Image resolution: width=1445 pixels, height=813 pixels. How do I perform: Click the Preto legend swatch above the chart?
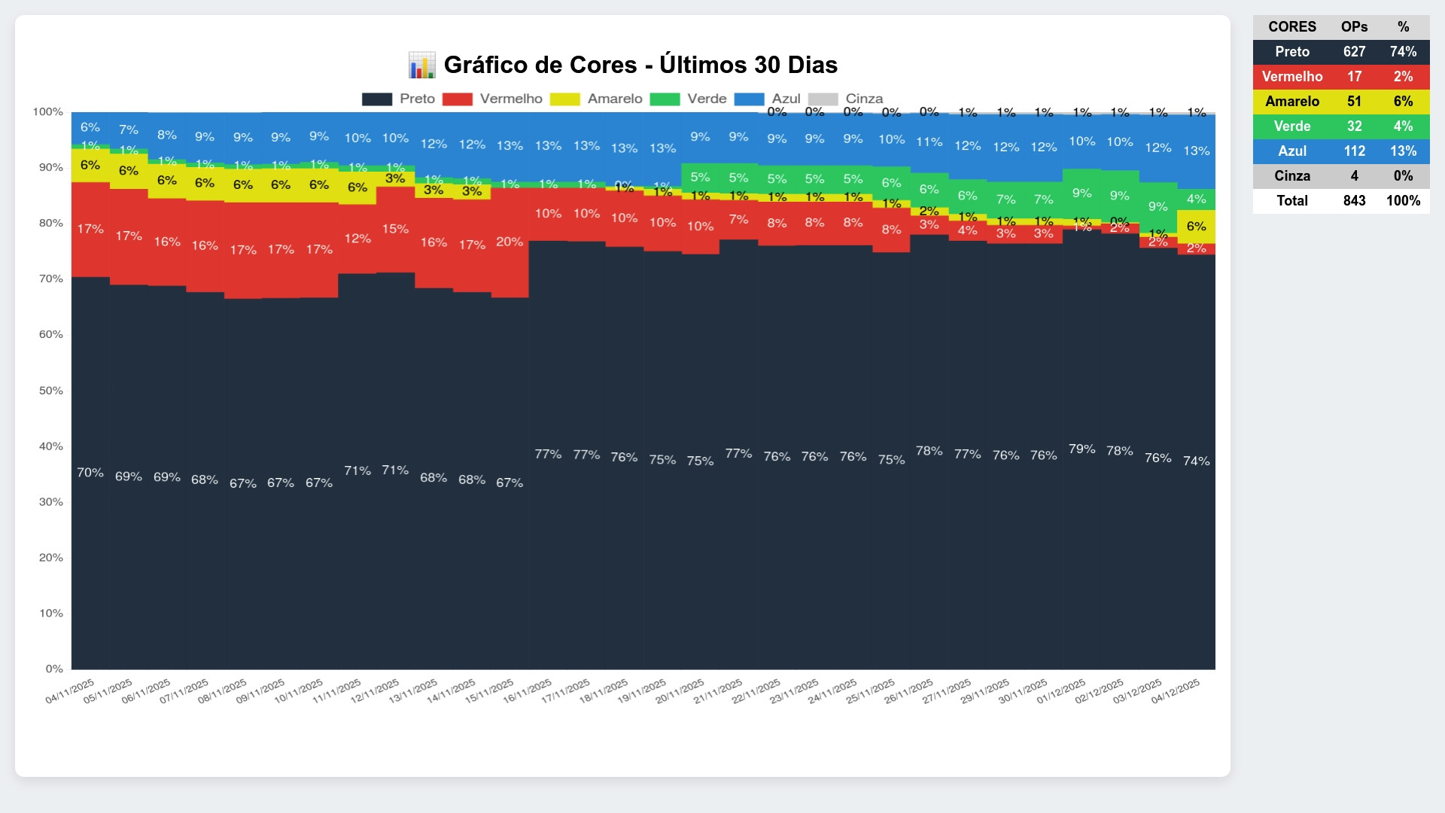pyautogui.click(x=377, y=99)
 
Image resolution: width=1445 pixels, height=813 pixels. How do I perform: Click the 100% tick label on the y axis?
pyautogui.click(x=48, y=112)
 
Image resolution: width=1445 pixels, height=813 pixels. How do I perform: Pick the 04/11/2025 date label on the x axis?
pyautogui.click(x=70, y=691)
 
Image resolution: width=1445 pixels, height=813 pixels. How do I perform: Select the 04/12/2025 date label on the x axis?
pyautogui.click(x=1176, y=691)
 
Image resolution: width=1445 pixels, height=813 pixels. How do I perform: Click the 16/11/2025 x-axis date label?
pyautogui.click(x=528, y=691)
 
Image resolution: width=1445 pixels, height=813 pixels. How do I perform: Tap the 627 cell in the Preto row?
pyautogui.click(x=1354, y=52)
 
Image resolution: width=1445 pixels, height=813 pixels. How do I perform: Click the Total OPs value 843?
pyautogui.click(x=1354, y=201)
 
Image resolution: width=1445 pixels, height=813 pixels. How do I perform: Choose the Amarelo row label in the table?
pyautogui.click(x=1292, y=102)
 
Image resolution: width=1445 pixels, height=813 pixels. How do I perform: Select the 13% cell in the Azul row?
pyautogui.click(x=1403, y=151)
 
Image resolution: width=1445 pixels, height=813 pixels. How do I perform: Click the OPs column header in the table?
pyautogui.click(x=1354, y=27)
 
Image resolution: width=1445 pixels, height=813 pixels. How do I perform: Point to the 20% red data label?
pyautogui.click(x=510, y=242)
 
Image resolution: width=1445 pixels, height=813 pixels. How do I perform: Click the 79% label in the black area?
pyautogui.click(x=1081, y=449)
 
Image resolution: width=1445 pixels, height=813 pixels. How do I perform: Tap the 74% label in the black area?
pyautogui.click(x=1196, y=461)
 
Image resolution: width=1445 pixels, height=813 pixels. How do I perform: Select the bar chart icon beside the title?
pyautogui.click(x=421, y=65)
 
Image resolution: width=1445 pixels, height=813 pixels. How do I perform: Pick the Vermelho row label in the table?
pyautogui.click(x=1292, y=77)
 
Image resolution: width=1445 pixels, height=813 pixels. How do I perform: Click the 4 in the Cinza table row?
pyautogui.click(x=1354, y=176)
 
